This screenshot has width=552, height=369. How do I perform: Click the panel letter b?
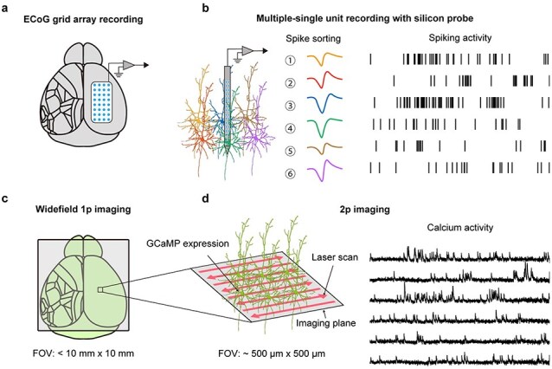[206, 9]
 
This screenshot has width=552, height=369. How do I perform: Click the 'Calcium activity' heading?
[459, 228]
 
